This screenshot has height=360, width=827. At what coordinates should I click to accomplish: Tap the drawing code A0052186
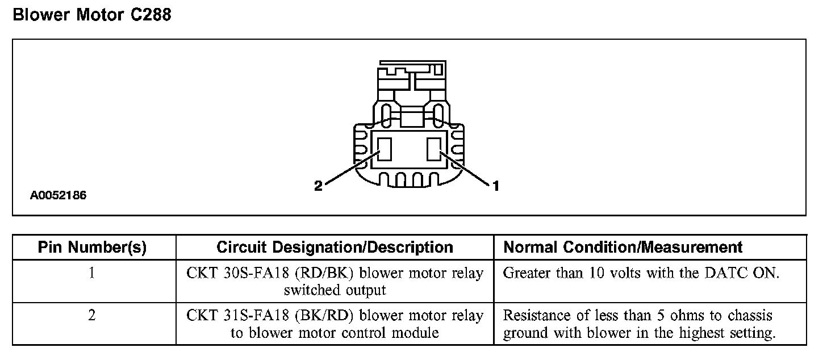click(x=59, y=196)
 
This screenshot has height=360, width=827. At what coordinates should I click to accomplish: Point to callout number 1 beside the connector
click(x=495, y=186)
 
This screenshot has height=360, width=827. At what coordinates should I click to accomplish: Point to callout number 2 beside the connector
click(x=318, y=186)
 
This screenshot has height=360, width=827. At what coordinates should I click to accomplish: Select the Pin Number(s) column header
click(x=92, y=248)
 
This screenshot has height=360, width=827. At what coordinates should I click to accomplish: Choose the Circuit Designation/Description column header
click(x=335, y=248)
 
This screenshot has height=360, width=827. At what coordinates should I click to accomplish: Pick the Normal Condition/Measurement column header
click(x=623, y=248)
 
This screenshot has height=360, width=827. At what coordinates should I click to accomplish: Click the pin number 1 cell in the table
click(x=92, y=273)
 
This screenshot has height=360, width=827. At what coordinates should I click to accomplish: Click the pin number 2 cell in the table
click(x=92, y=315)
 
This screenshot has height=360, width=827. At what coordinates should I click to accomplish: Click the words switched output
click(x=335, y=291)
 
